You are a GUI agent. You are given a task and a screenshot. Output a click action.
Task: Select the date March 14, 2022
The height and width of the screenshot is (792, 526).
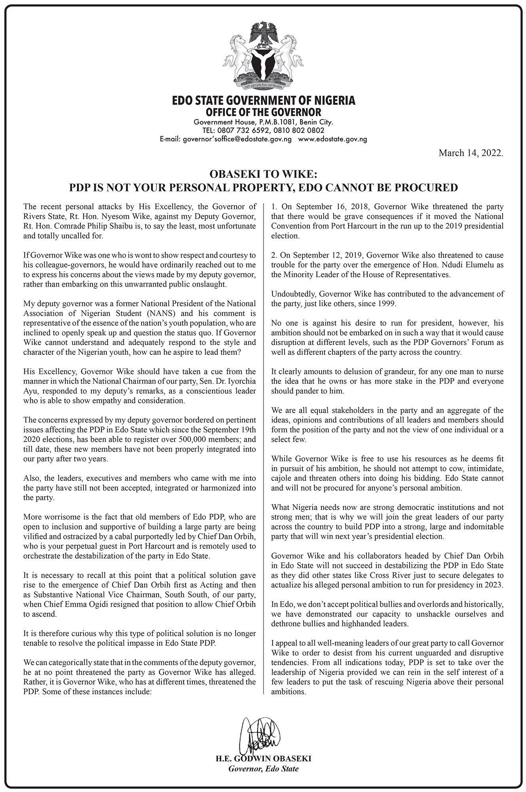471,153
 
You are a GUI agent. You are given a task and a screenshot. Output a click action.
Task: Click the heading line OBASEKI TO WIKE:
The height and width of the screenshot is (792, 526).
263,174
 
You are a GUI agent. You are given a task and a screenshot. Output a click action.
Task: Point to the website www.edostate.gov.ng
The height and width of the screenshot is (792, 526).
332,139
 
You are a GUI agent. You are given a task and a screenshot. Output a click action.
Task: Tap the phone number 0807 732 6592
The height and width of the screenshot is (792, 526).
244,131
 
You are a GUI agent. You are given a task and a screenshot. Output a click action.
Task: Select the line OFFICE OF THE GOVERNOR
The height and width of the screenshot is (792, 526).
263,113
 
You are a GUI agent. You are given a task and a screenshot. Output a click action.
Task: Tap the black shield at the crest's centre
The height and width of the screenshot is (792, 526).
263,62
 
